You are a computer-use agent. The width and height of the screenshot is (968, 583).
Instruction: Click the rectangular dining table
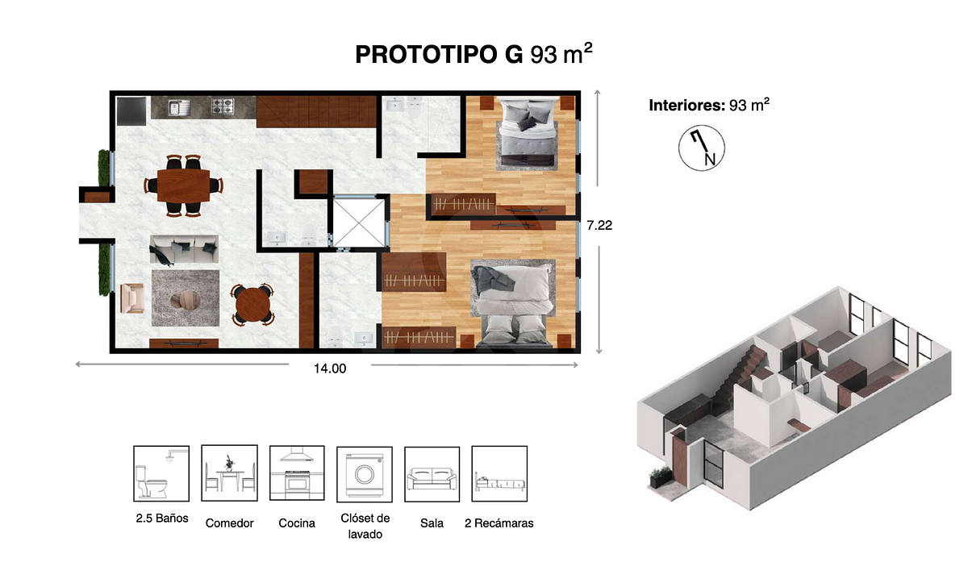(x=183, y=185)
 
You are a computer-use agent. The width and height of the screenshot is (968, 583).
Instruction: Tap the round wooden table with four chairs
(x=252, y=305)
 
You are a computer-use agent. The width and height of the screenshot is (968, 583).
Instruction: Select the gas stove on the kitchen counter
(x=223, y=106)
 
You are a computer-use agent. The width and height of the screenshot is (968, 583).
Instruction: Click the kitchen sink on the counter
(x=178, y=107)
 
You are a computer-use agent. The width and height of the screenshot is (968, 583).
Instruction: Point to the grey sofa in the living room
(x=184, y=249)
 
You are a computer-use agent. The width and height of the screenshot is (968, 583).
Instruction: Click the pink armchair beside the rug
(x=132, y=298)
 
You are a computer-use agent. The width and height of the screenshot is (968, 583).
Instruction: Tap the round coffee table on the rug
(x=186, y=299)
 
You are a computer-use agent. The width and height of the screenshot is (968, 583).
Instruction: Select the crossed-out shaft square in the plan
(x=359, y=223)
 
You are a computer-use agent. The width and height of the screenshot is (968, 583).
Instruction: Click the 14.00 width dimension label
(x=330, y=369)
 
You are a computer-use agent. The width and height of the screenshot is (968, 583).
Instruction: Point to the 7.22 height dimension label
(x=599, y=226)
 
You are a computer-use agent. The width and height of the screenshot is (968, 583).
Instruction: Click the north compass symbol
(x=701, y=148)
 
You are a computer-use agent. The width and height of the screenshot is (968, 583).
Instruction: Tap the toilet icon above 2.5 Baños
(x=161, y=474)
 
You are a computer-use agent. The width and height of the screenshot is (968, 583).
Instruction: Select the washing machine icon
(x=365, y=474)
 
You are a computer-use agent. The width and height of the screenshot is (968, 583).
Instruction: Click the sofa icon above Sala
(x=432, y=474)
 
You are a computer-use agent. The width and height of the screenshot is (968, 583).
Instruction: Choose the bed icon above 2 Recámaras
(x=499, y=474)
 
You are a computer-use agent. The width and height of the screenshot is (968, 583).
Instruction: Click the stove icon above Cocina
(x=297, y=473)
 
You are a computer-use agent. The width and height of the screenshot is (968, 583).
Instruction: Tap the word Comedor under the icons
(x=229, y=523)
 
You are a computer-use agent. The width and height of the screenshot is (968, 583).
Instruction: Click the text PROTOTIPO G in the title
(x=439, y=55)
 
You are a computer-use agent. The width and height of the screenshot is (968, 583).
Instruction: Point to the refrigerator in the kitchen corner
(x=131, y=111)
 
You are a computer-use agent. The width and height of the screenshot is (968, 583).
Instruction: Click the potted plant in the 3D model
(x=661, y=477)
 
